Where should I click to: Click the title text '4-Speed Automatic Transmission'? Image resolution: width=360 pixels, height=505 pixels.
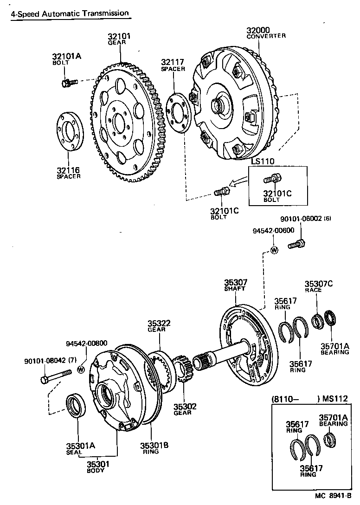point(70,14)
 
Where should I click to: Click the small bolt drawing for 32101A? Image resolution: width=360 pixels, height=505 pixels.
point(68,83)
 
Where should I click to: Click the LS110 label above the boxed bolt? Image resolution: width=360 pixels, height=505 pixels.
point(264,161)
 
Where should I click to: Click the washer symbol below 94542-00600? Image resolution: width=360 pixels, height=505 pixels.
point(274,251)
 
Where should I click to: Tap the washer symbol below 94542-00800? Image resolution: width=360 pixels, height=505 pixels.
point(81,369)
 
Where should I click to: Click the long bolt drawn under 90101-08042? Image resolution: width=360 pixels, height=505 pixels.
point(55,376)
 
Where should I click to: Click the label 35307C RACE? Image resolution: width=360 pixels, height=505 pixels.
point(319,286)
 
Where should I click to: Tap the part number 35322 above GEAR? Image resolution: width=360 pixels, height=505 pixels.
point(160,323)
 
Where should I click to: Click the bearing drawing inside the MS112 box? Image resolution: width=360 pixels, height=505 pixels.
point(330,439)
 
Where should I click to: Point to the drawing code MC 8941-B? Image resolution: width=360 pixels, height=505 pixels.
point(333,496)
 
